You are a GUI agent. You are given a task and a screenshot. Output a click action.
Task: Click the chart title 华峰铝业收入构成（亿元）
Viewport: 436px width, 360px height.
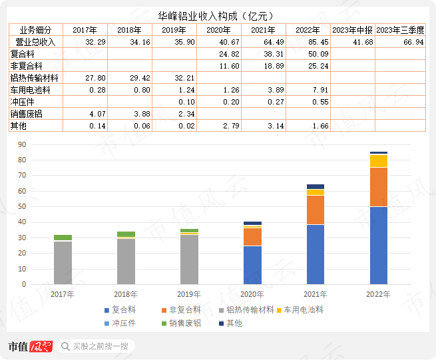coord(218,15)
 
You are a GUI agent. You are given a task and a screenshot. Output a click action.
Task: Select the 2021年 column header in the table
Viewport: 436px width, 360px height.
coord(264,30)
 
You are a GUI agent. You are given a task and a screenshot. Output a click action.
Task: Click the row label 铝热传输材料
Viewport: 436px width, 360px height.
coord(35,78)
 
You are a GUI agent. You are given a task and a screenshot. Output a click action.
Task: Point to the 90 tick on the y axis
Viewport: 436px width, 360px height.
coord(41,144)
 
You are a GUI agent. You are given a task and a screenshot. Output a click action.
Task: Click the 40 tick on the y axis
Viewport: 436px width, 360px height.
coord(41,222)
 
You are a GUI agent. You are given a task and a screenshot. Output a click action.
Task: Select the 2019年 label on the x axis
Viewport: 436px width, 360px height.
coord(189,293)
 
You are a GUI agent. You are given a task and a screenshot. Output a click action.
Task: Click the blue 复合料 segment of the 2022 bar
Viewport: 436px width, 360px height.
coord(379,246)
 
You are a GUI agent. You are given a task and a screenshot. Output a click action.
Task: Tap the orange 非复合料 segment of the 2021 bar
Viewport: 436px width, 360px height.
coord(316,210)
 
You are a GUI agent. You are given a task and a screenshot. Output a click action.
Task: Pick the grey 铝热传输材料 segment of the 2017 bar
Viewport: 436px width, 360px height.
coord(63,262)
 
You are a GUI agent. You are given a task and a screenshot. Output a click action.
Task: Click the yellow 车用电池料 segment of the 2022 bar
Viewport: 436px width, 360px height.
coord(379,161)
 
